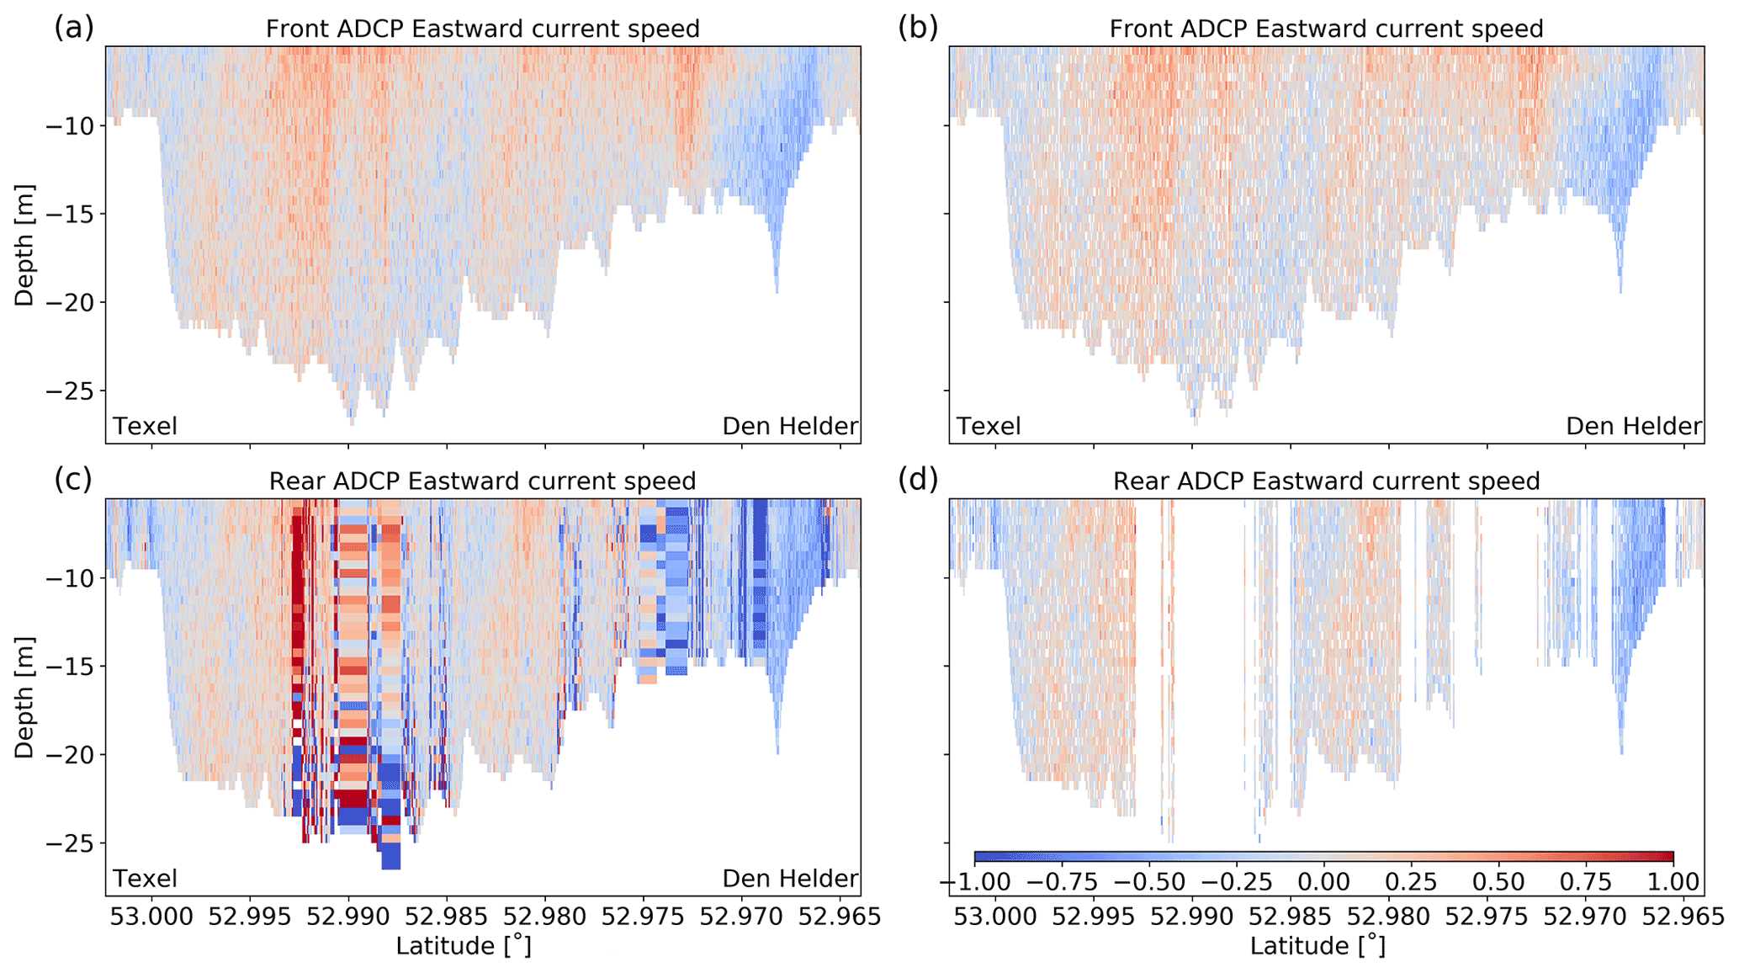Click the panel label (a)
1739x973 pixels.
[74, 28]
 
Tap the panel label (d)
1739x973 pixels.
[918, 480]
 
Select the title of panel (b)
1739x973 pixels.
[1326, 29]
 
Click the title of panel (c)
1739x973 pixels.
[482, 481]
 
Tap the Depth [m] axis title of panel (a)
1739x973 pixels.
[24, 245]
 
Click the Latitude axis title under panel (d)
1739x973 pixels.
[1317, 946]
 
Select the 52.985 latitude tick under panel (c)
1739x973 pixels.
[447, 915]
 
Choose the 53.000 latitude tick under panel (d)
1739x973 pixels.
[995, 915]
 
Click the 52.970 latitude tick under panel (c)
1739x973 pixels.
[742, 915]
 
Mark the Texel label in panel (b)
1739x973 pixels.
[989, 427]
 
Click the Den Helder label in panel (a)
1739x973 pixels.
[790, 427]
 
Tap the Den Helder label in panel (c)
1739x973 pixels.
[790, 879]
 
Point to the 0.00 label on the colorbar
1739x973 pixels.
[1324, 882]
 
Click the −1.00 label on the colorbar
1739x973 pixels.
[974, 882]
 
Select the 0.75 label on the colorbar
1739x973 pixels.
[1586, 882]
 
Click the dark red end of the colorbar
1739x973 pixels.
[1668, 857]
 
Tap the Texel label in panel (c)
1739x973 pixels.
[146, 879]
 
